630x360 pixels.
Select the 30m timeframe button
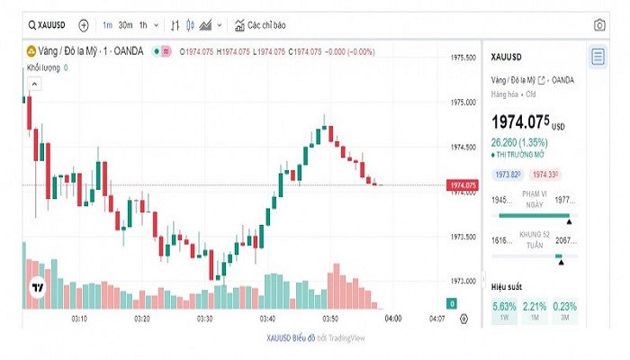[126, 25]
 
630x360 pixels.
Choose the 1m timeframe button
[107, 25]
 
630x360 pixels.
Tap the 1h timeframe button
[144, 25]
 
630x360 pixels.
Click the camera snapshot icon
[599, 25]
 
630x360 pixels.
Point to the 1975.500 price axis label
[463, 58]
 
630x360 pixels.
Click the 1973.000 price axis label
[463, 281]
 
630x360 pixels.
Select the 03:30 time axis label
[205, 319]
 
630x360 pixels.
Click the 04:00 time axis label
[392, 319]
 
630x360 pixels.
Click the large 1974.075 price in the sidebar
[520, 122]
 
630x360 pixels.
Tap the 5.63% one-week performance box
[504, 310]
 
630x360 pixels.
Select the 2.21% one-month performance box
[535, 310]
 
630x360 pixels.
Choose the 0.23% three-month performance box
[565, 310]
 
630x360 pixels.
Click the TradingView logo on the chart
[37, 289]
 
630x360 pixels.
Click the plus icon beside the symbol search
[84, 25]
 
